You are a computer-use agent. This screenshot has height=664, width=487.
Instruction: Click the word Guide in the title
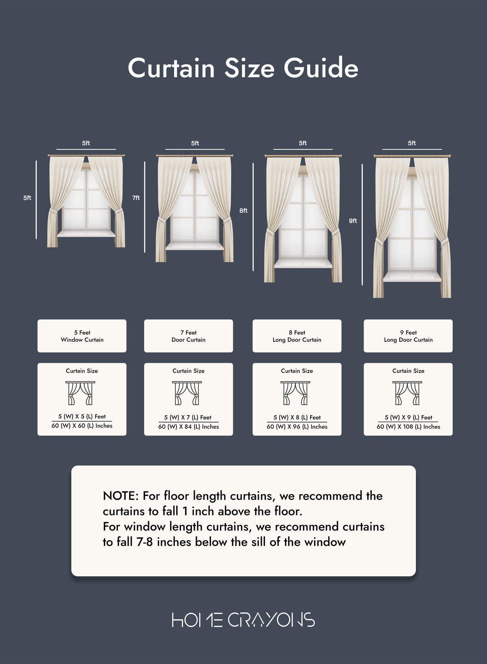click(321, 69)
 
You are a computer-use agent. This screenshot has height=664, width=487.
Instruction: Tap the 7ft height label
click(136, 198)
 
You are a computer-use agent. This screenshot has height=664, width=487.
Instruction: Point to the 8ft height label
click(243, 211)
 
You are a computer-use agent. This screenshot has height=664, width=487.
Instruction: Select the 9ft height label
click(353, 220)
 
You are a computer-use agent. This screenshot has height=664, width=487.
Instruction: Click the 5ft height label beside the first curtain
click(27, 198)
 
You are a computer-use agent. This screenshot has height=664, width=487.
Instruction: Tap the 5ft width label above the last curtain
click(412, 143)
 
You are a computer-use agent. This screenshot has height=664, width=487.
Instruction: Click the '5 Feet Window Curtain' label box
click(82, 336)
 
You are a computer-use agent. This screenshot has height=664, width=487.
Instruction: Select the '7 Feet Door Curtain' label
click(189, 336)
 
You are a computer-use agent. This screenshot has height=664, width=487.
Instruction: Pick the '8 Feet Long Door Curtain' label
click(297, 336)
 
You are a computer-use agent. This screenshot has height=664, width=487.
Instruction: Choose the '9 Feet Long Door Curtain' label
click(408, 336)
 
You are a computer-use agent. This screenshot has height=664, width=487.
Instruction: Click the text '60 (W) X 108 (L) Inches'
click(408, 427)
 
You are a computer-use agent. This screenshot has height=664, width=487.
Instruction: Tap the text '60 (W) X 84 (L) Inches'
click(189, 427)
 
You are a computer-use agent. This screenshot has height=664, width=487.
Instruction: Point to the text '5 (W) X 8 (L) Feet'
click(297, 417)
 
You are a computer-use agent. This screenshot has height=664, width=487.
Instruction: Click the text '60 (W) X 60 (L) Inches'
click(82, 426)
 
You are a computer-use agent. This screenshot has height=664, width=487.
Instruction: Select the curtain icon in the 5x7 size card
click(187, 393)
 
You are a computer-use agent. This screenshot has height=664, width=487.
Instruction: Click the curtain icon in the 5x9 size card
click(407, 393)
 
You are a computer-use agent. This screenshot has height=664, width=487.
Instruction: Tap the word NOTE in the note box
click(119, 496)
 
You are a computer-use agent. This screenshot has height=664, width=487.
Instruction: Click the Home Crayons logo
click(243, 619)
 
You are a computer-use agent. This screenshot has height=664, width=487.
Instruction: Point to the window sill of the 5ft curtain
click(86, 233)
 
